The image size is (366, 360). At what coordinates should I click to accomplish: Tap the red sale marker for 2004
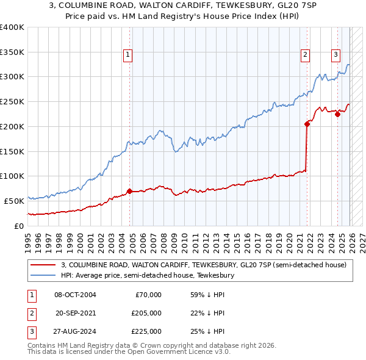(x=129, y=191)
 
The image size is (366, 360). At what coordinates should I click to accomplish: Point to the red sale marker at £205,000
(x=307, y=124)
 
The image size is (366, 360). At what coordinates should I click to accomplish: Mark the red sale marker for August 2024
(x=337, y=114)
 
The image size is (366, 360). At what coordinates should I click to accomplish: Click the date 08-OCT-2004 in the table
(x=75, y=295)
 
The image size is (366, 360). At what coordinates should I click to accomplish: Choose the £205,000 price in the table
(x=146, y=313)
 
